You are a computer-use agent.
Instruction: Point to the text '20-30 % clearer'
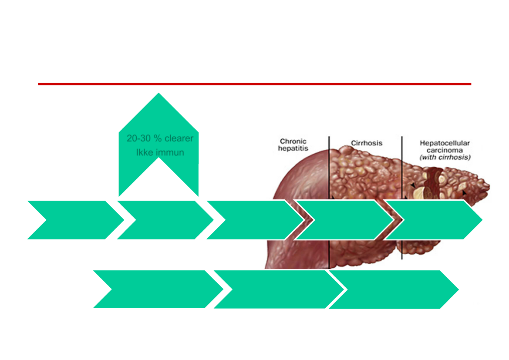pyautogui.click(x=160, y=139)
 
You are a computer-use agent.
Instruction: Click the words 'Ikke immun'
pyautogui.click(x=160, y=152)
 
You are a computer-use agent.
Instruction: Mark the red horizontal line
pyautogui.click(x=254, y=84)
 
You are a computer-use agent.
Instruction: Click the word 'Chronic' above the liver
pyautogui.click(x=293, y=141)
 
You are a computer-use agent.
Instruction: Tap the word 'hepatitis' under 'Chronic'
pyautogui.click(x=293, y=148)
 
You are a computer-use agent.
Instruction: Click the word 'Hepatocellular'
pyautogui.click(x=445, y=143)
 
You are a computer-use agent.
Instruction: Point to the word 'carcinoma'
pyautogui.click(x=445, y=150)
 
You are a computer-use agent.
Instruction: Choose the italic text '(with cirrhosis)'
pyautogui.click(x=445, y=158)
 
